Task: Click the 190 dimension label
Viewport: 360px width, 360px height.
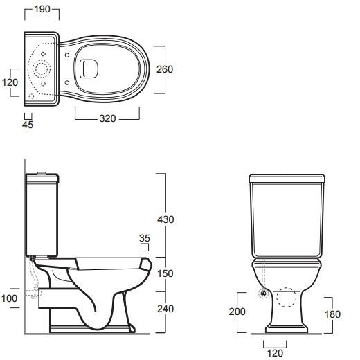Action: [x=42, y=9]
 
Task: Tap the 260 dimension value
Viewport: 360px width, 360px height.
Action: [x=165, y=69]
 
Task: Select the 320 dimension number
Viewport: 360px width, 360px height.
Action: [x=107, y=118]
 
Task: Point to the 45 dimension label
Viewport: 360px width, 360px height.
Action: [x=28, y=125]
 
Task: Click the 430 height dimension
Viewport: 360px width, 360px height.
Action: [x=165, y=219]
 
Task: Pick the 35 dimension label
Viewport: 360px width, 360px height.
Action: [x=145, y=238]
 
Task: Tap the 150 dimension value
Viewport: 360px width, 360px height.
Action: [x=165, y=273]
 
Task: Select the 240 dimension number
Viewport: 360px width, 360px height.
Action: [x=165, y=309]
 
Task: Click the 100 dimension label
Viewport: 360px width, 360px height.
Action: [x=9, y=298]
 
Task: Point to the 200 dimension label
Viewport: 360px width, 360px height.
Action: [x=237, y=312]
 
